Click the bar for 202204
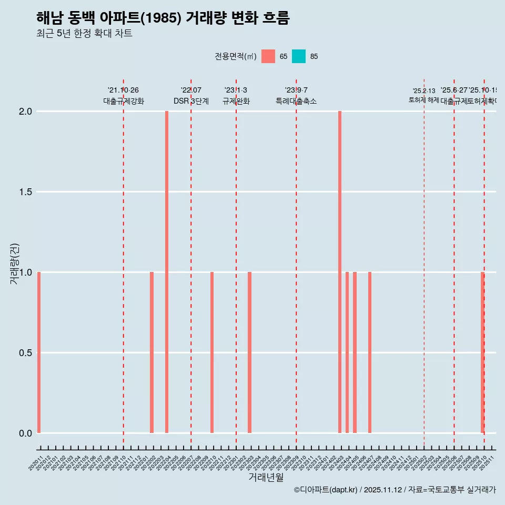click(x=167, y=272)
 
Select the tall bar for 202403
click(x=340, y=272)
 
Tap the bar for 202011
click(x=39, y=352)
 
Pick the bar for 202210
click(x=212, y=352)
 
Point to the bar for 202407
click(x=370, y=352)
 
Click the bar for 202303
click(x=249, y=352)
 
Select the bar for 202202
click(x=151, y=352)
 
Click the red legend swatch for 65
click(x=268, y=56)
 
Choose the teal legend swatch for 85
click(x=299, y=56)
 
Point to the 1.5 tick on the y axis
click(x=25, y=192)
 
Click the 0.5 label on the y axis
click(x=25, y=353)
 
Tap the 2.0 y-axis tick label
click(x=25, y=112)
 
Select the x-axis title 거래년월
click(x=266, y=478)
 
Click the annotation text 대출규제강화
click(x=124, y=102)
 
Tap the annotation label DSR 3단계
click(x=191, y=102)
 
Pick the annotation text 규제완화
click(x=236, y=102)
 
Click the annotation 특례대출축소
click(x=296, y=102)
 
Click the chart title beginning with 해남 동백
click(x=163, y=18)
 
